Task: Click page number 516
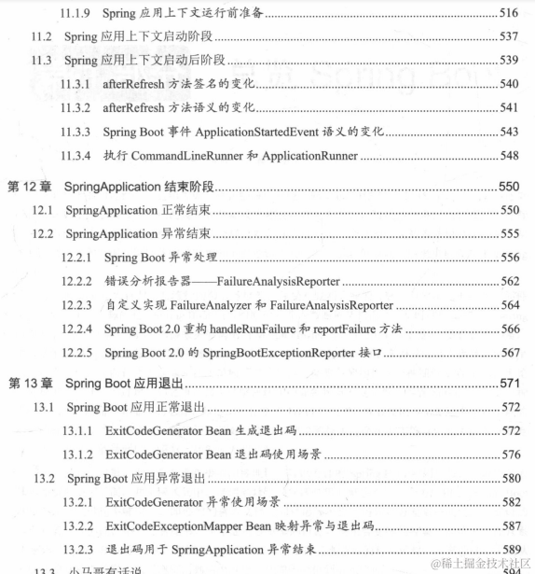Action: [x=509, y=11]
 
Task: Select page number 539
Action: [x=509, y=60]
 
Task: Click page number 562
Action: [x=509, y=280]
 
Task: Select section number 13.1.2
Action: [x=80, y=455]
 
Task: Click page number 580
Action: [x=509, y=479]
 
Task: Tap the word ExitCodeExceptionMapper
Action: [x=176, y=526]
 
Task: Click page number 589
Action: [x=509, y=550]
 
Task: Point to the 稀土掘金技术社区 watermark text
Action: [x=479, y=562]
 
